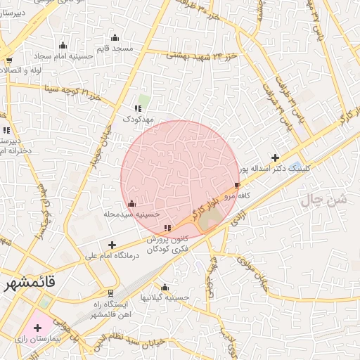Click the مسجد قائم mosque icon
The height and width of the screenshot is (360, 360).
(x=115, y=37)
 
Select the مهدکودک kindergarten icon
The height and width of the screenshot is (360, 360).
(x=138, y=108)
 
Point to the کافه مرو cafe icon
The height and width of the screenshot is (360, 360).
(x=238, y=185)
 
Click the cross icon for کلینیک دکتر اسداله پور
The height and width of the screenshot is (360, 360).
(x=275, y=157)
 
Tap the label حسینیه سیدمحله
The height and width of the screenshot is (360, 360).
(x=132, y=214)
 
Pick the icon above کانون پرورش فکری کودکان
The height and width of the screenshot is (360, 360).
(x=167, y=228)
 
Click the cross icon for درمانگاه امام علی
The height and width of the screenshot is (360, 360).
(x=112, y=244)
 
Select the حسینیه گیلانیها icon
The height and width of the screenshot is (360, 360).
(x=165, y=287)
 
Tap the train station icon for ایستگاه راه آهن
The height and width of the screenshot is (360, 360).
(x=110, y=292)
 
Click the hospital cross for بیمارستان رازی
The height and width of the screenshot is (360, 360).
(x=37, y=328)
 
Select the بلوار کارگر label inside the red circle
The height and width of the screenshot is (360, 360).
(x=204, y=209)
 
